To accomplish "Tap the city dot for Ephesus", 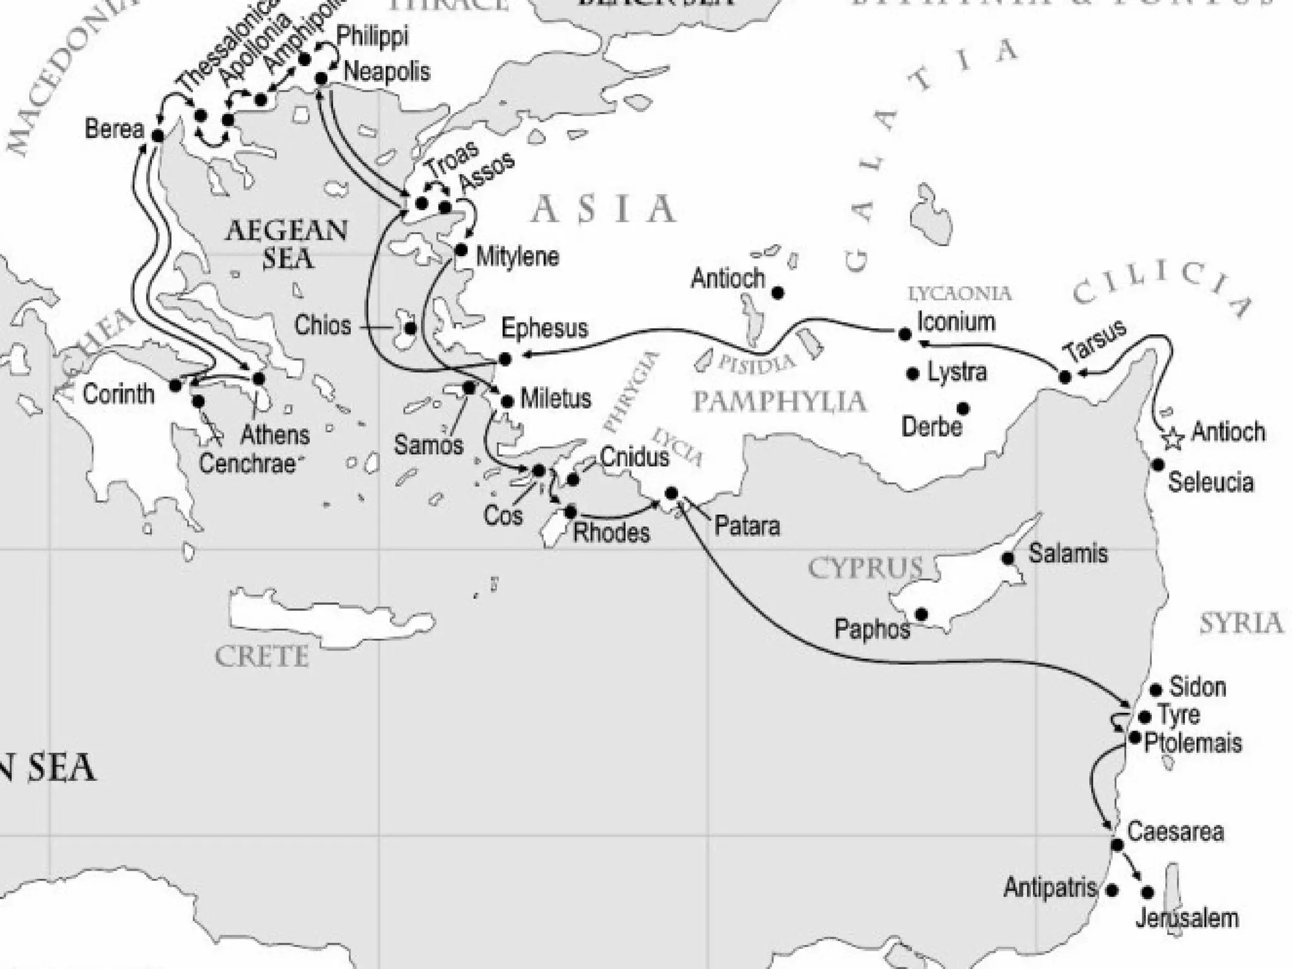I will (505, 359).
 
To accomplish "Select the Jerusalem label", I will (1187, 918).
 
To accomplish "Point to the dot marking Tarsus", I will (1065, 377).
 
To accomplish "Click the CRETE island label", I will (262, 657).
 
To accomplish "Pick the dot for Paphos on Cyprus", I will (921, 614).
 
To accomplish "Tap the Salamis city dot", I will (1008, 558).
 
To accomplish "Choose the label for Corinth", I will (119, 394).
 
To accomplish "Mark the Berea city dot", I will (158, 135).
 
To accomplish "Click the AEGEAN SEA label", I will (287, 244).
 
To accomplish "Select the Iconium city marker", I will (905, 334).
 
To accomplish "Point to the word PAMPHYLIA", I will (780, 401).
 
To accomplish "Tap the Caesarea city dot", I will (1117, 845).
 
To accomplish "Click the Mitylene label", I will (517, 257).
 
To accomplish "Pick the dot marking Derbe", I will (963, 409).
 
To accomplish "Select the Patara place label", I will (747, 526).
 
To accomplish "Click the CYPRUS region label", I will (865, 568).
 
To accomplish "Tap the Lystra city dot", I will (912, 373).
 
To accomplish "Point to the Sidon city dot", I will (1156, 690).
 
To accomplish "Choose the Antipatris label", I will (1050, 888).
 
